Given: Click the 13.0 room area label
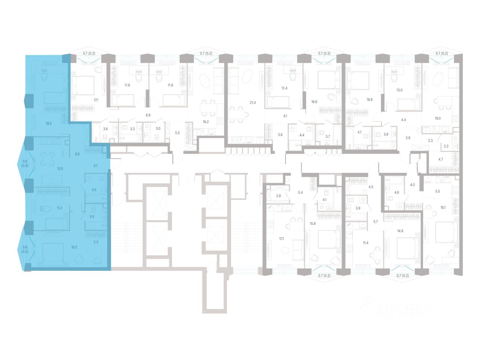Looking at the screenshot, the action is coord(399,90).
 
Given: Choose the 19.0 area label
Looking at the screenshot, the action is coord(437,118).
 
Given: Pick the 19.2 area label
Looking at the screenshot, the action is coord(205,122).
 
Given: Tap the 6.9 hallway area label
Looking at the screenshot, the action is coord(148,115).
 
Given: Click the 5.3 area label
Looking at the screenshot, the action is coord(177,132).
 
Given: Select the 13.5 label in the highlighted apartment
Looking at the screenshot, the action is coord(60,169).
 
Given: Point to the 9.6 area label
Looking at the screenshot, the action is coord(77,154).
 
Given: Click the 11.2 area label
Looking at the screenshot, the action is coord(59,207).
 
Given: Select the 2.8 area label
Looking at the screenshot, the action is coord(278,196).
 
